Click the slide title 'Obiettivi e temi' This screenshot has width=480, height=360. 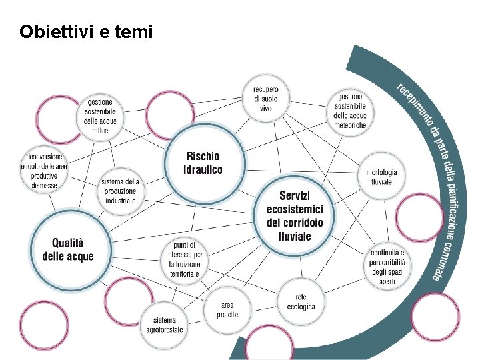(x=86, y=31)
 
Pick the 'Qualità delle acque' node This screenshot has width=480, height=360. (x=67, y=250)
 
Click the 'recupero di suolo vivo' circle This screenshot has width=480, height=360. (x=265, y=98)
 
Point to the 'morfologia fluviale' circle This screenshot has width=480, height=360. (x=381, y=177)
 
